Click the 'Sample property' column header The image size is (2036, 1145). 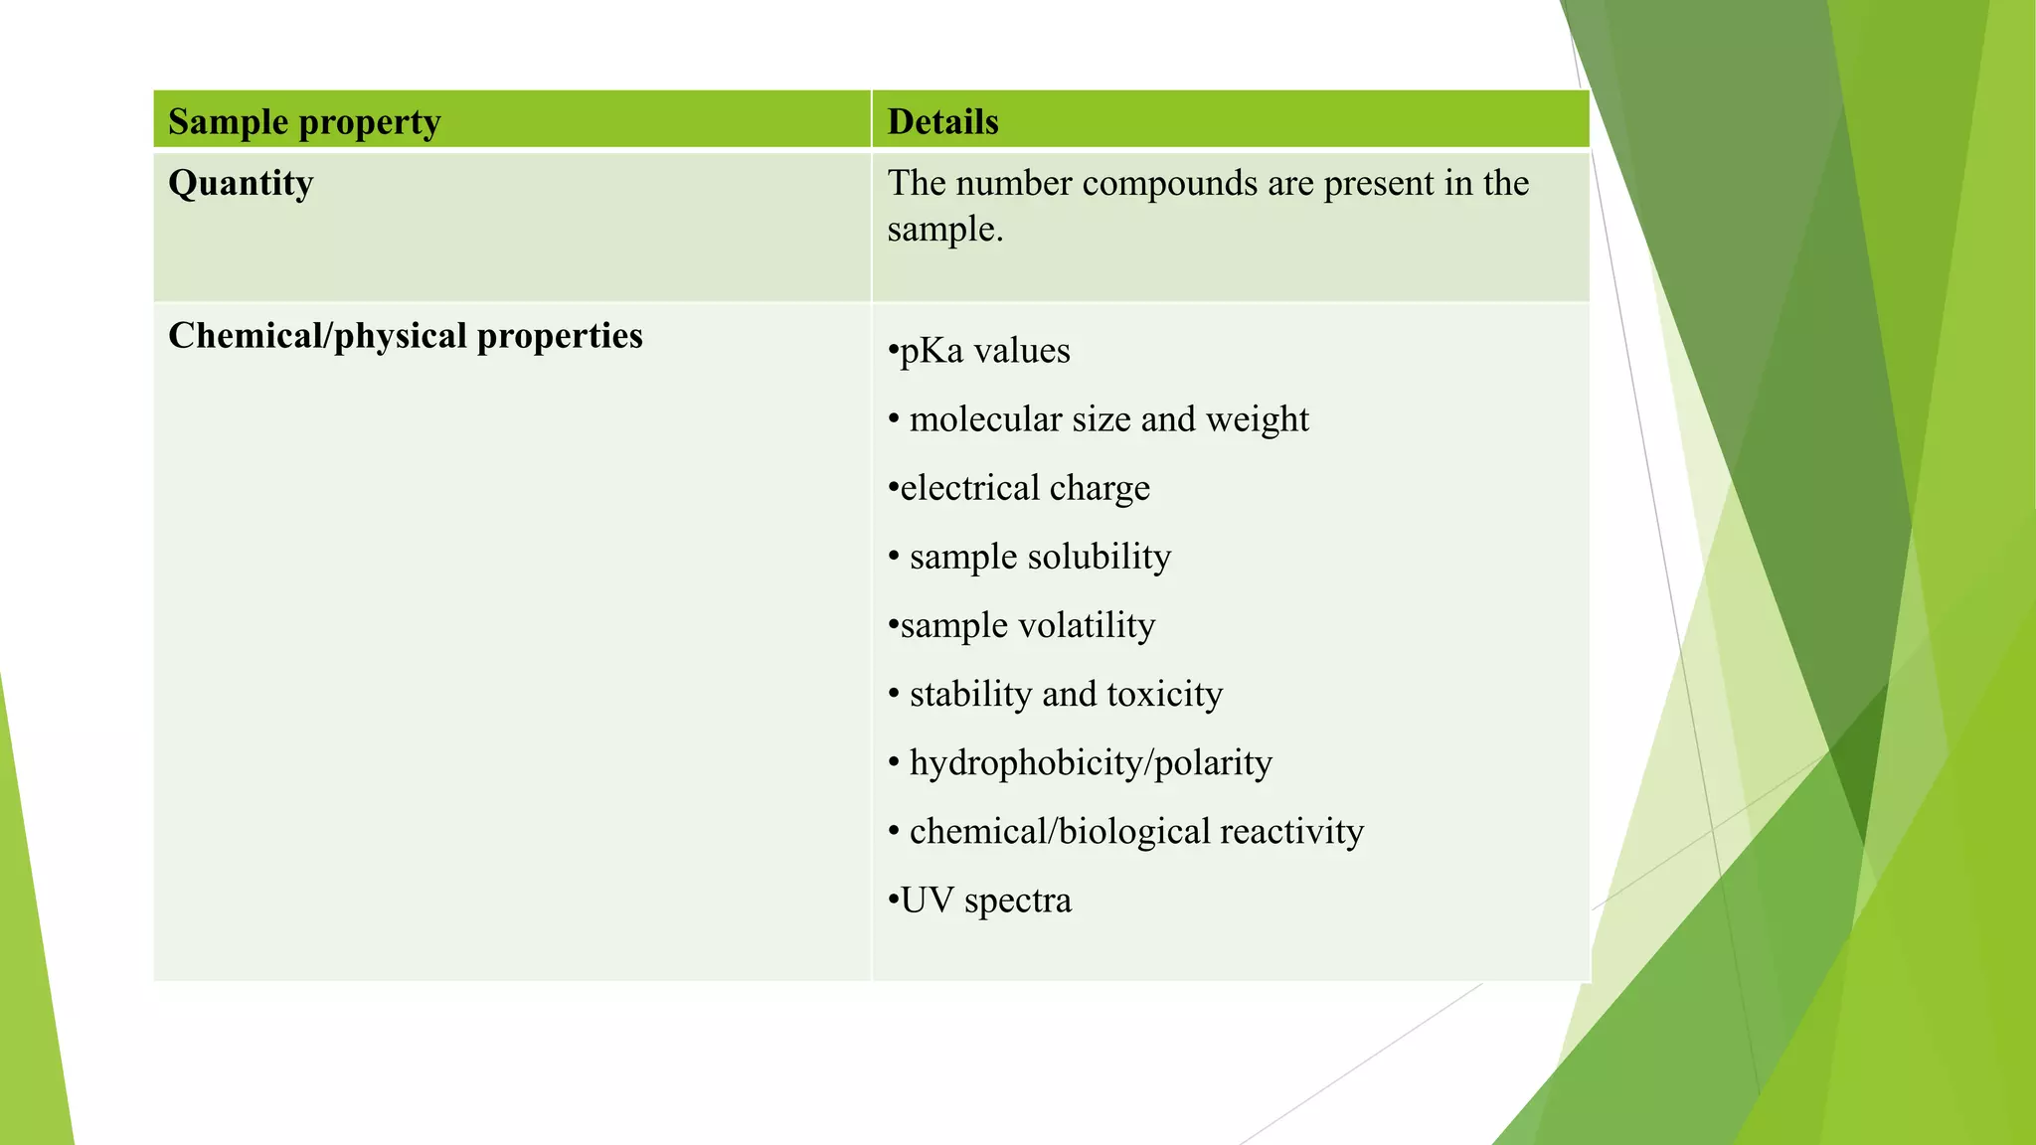coord(304,122)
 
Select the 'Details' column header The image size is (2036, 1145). coord(942,122)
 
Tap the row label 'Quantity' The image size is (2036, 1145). coord(241,184)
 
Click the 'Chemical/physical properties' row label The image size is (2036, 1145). coord(406,336)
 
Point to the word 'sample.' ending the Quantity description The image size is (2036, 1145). coord(945,230)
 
